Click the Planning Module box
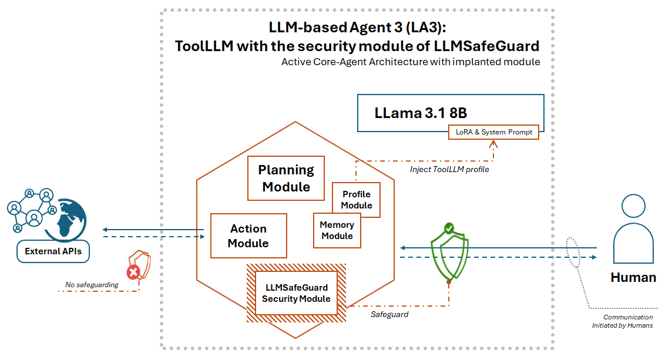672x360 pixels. (x=286, y=178)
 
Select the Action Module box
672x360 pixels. (x=248, y=235)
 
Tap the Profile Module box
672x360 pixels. (x=357, y=200)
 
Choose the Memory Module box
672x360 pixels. (x=337, y=230)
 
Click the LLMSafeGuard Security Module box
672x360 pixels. (x=296, y=293)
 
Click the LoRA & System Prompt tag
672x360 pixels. (x=493, y=132)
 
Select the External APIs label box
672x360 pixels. (x=53, y=251)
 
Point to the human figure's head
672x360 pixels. (x=633, y=206)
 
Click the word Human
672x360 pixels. (x=633, y=277)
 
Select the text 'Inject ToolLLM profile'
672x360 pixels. (x=449, y=170)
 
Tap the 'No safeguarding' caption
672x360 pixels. (x=92, y=285)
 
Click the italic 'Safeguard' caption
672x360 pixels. (x=389, y=315)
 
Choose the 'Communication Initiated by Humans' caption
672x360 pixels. (x=627, y=321)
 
